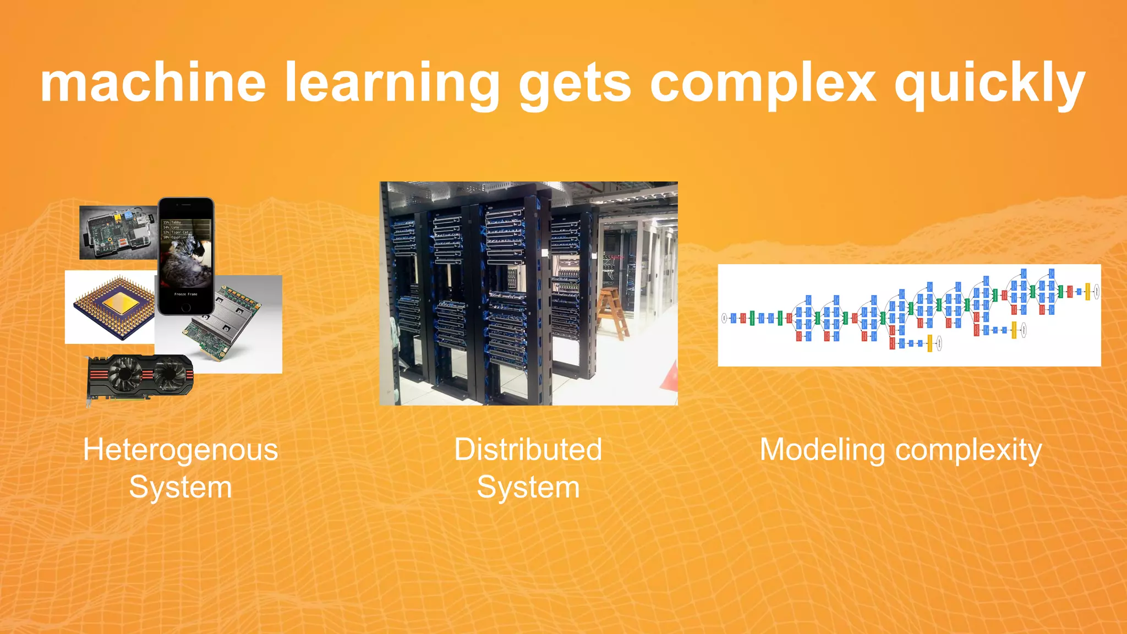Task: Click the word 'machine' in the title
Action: tap(153, 83)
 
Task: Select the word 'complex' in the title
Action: tap(763, 84)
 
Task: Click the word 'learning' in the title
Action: tap(392, 84)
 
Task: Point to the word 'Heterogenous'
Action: tap(180, 450)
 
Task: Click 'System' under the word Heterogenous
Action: tap(180, 488)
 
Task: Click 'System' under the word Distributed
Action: tap(528, 488)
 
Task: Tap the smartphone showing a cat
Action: tap(186, 256)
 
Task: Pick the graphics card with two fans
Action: tap(140, 377)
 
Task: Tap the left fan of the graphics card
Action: tap(124, 374)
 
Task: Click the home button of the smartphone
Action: tap(186, 307)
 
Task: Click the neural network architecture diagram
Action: tap(909, 315)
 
